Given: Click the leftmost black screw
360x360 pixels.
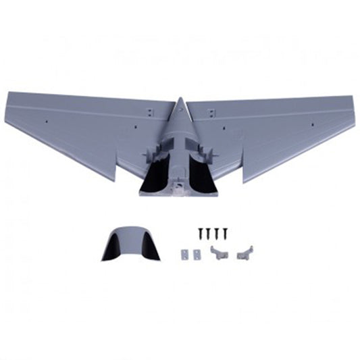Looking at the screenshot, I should click(x=201, y=233).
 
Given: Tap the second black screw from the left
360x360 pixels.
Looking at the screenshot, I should click(x=209, y=233).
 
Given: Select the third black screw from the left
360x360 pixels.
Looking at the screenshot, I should click(x=217, y=233).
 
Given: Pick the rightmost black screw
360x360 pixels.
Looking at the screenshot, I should click(x=225, y=233).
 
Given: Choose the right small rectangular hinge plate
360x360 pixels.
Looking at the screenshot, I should click(x=197, y=255).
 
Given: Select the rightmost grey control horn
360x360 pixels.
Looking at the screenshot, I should click(x=245, y=253).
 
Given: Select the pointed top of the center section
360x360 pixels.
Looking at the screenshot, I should click(x=180, y=100).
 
